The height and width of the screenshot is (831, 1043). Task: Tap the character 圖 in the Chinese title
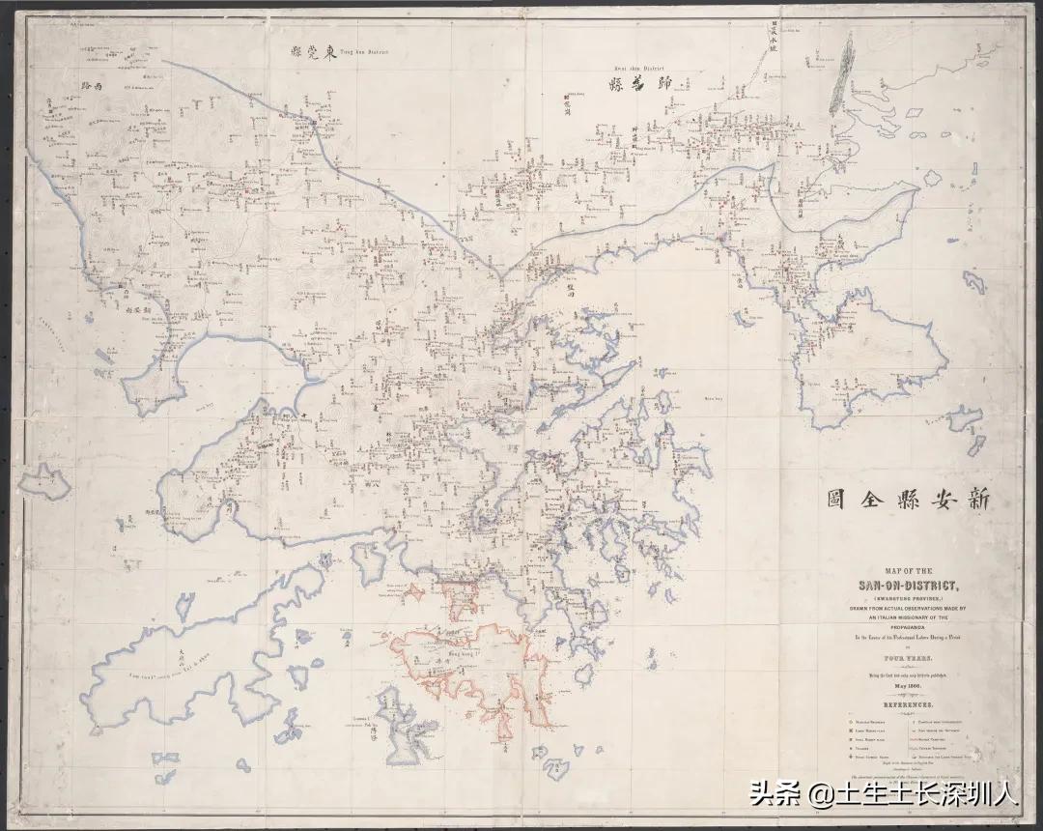pyautogui.click(x=836, y=499)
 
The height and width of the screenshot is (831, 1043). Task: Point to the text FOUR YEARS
pyautogui.click(x=906, y=654)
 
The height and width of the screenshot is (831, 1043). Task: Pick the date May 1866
pyautogui.click(x=906, y=685)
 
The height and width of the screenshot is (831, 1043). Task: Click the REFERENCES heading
pyautogui.click(x=906, y=706)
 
